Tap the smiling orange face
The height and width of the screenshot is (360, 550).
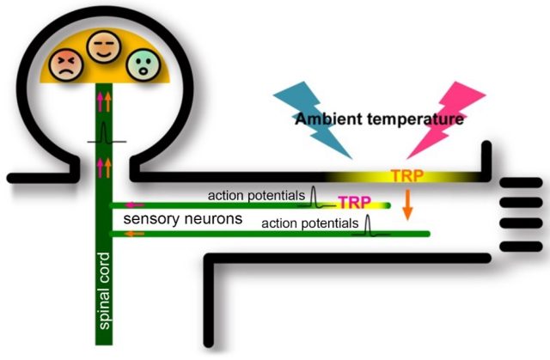coord(102,48)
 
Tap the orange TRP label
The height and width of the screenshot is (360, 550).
coord(406,175)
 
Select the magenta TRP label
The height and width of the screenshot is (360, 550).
coord(354,203)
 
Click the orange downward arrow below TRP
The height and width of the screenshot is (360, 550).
coord(408,203)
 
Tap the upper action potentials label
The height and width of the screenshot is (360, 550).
coord(255,197)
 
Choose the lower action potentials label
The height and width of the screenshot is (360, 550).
coord(309,223)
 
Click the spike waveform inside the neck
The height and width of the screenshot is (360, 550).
coord(102,134)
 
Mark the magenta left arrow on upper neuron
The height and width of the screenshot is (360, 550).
coord(134,205)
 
